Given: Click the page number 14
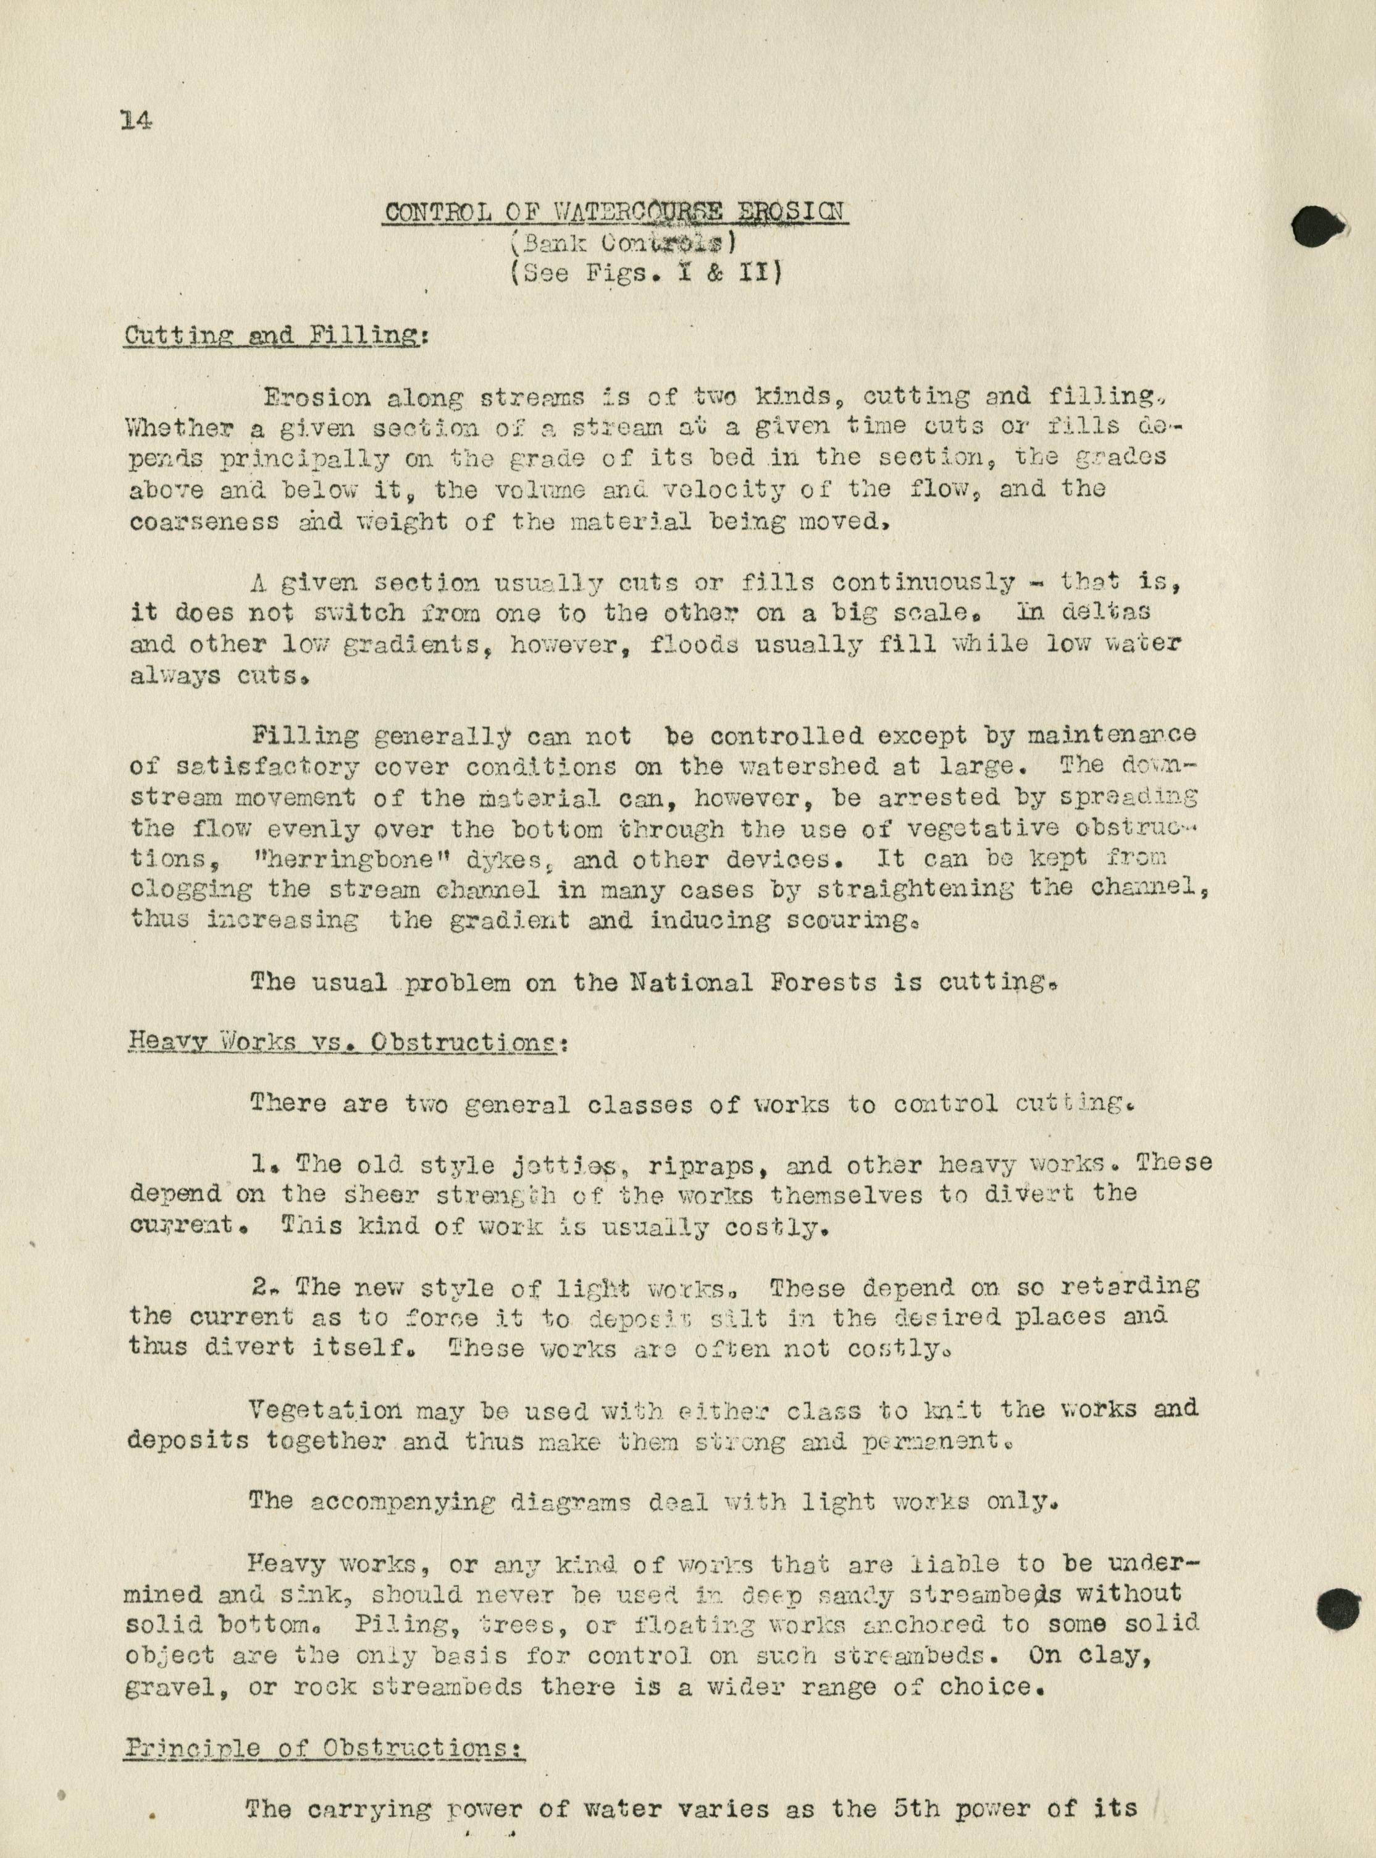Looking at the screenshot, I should (x=136, y=121).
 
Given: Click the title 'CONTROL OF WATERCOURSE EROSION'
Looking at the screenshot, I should (x=616, y=212).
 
